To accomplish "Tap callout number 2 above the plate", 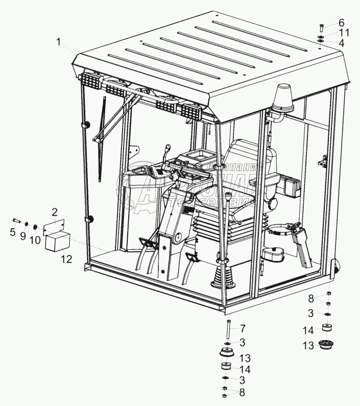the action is coord(54,211).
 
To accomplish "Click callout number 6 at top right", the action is coord(342,23).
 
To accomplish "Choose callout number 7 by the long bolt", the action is coord(243,328).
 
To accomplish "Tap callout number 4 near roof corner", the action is coord(342,44).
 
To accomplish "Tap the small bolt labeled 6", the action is coord(320,28).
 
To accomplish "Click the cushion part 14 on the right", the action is coord(327,328).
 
